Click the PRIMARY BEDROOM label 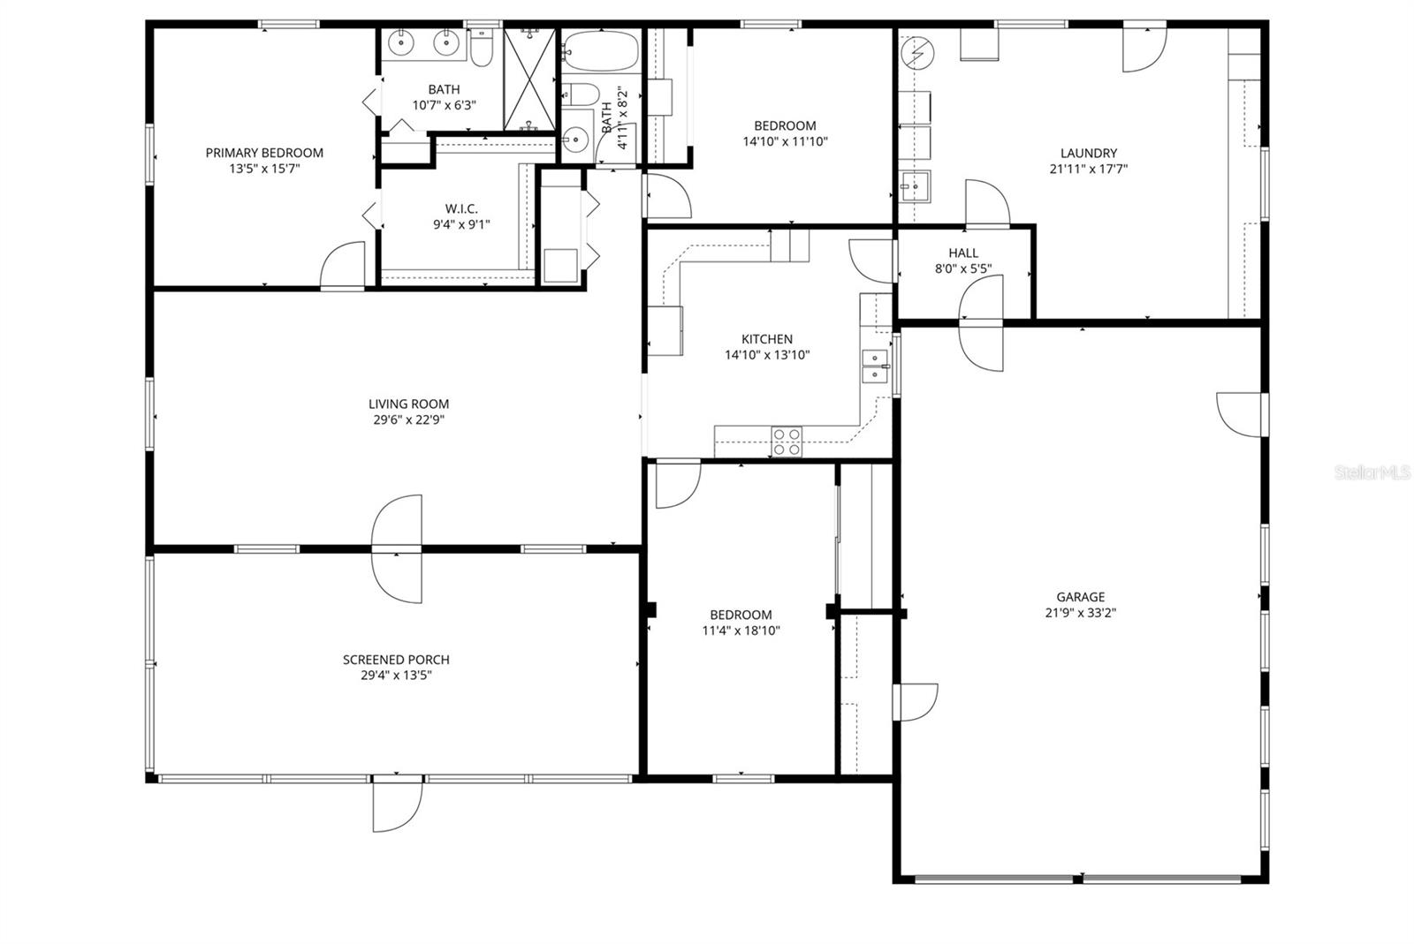[264, 153]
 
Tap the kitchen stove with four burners [787, 442]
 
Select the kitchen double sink [875, 366]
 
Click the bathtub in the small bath [600, 52]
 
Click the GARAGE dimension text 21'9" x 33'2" [1080, 613]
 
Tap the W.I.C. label [461, 208]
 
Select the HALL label [963, 253]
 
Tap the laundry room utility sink [916, 186]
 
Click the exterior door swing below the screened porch [396, 805]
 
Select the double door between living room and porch [397, 549]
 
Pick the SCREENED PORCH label [396, 660]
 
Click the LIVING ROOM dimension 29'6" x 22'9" [407, 420]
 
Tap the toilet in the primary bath [482, 49]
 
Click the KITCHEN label [766, 339]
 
